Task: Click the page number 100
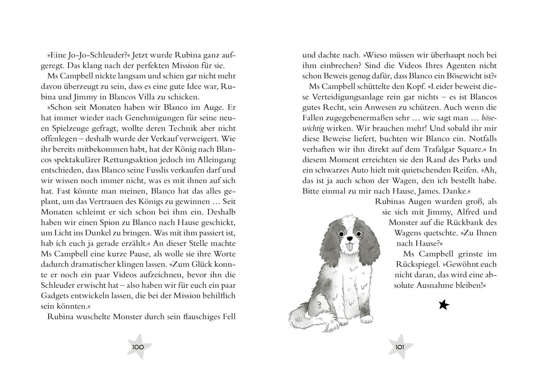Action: tap(138, 347)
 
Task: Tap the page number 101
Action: tap(400, 347)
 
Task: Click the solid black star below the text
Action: tap(444, 305)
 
